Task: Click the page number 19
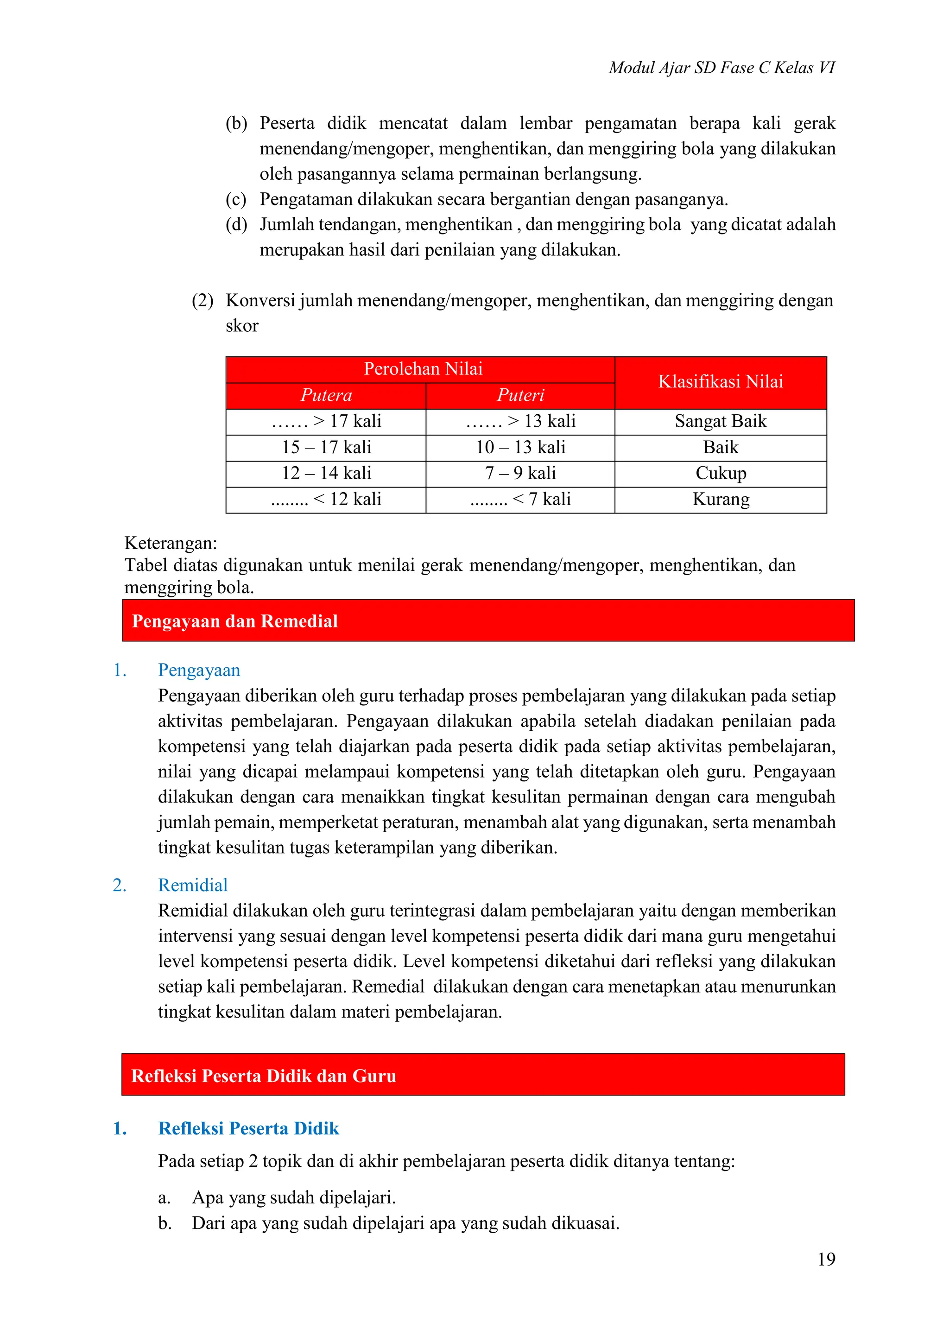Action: [826, 1259]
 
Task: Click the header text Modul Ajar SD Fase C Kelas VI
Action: [721, 68]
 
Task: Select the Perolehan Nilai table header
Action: [423, 369]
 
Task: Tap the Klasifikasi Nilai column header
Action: [720, 382]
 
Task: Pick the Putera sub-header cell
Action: [326, 396]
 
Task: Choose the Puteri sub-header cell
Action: [520, 396]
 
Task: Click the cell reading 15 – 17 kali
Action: [326, 447]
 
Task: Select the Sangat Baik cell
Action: [720, 421]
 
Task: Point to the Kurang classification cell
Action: [720, 499]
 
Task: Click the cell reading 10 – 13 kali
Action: [520, 447]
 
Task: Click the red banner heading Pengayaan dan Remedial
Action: [235, 621]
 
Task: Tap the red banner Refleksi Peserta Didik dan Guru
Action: [264, 1076]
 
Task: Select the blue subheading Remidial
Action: [193, 885]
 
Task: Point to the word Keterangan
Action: [171, 543]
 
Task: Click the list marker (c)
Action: [236, 199]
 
